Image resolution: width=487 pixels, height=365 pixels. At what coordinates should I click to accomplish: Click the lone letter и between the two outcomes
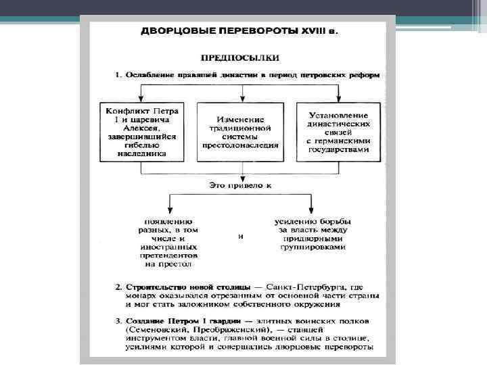(241, 237)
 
